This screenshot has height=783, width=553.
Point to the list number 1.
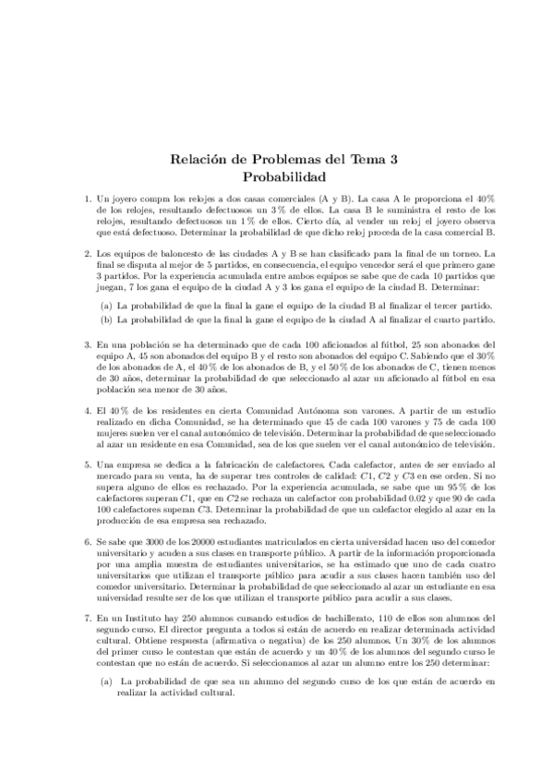point(87,199)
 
